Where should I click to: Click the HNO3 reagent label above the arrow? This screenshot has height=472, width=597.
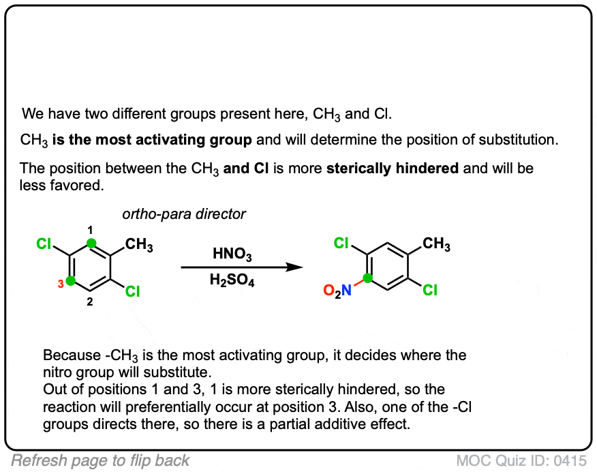point(232,254)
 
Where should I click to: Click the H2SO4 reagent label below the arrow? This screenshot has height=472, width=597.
point(232,280)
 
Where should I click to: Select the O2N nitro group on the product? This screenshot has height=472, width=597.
point(337,291)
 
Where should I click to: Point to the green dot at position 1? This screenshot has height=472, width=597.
point(91,243)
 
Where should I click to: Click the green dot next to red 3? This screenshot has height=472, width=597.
point(70,281)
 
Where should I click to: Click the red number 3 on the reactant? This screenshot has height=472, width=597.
point(61,284)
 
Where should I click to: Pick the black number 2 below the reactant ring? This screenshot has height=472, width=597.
point(89,301)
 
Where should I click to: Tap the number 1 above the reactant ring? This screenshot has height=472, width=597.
point(90,230)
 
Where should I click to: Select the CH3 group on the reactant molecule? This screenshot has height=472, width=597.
point(139,245)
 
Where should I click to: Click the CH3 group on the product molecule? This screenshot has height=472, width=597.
point(436,244)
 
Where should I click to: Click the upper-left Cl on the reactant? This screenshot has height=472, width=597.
point(44,244)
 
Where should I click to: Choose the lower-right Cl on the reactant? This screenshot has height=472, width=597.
point(132,291)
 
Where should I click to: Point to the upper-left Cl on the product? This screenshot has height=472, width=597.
point(341,243)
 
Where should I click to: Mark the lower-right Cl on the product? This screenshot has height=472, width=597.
point(430,291)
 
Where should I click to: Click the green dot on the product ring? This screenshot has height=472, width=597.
point(367,278)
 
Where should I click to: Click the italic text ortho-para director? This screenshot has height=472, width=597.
point(184,214)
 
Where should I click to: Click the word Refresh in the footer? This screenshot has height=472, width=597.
point(36,460)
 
